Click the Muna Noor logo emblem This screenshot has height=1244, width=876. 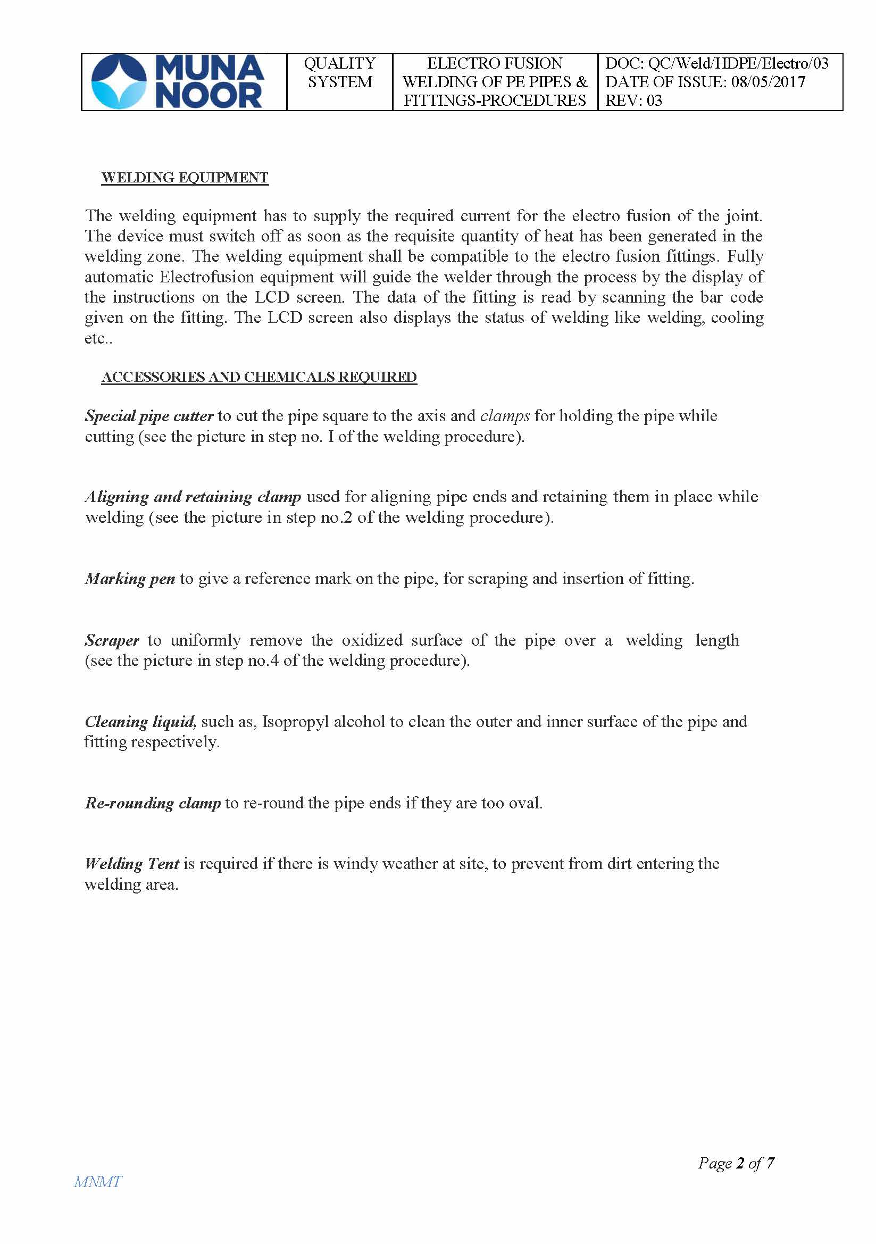tap(119, 82)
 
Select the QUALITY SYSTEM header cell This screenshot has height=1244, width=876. tap(339, 73)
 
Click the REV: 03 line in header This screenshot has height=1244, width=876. tap(633, 101)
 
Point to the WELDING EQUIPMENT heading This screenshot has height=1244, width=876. tap(185, 178)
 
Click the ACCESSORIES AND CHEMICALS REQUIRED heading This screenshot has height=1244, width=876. tap(259, 377)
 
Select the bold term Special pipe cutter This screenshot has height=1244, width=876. tap(149, 416)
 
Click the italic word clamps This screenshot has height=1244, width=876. tap(505, 416)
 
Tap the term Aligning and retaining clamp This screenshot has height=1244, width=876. tap(193, 497)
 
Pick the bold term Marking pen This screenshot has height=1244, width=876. tap(130, 579)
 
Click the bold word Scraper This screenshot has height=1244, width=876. tap(112, 640)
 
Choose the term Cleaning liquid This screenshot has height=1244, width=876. tap(140, 722)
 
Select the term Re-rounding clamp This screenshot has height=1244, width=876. tap(153, 803)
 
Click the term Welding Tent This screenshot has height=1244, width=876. tap(132, 864)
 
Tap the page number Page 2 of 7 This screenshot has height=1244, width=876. tap(736, 1163)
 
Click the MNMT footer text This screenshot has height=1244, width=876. tap(97, 1182)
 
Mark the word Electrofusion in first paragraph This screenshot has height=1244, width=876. tap(208, 277)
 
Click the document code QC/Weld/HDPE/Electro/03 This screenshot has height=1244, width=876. tap(738, 63)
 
